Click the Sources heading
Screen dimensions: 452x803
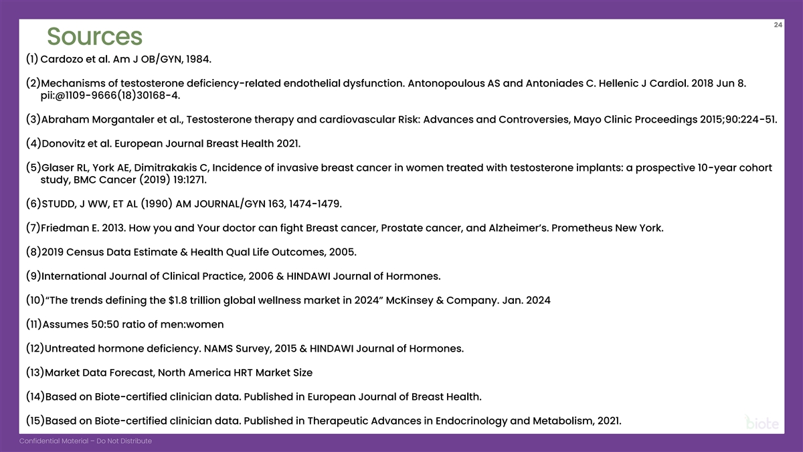click(x=94, y=36)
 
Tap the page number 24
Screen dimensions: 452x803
click(x=778, y=25)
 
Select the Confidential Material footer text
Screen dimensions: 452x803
click(x=85, y=441)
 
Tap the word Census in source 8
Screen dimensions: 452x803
click(x=92, y=252)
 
